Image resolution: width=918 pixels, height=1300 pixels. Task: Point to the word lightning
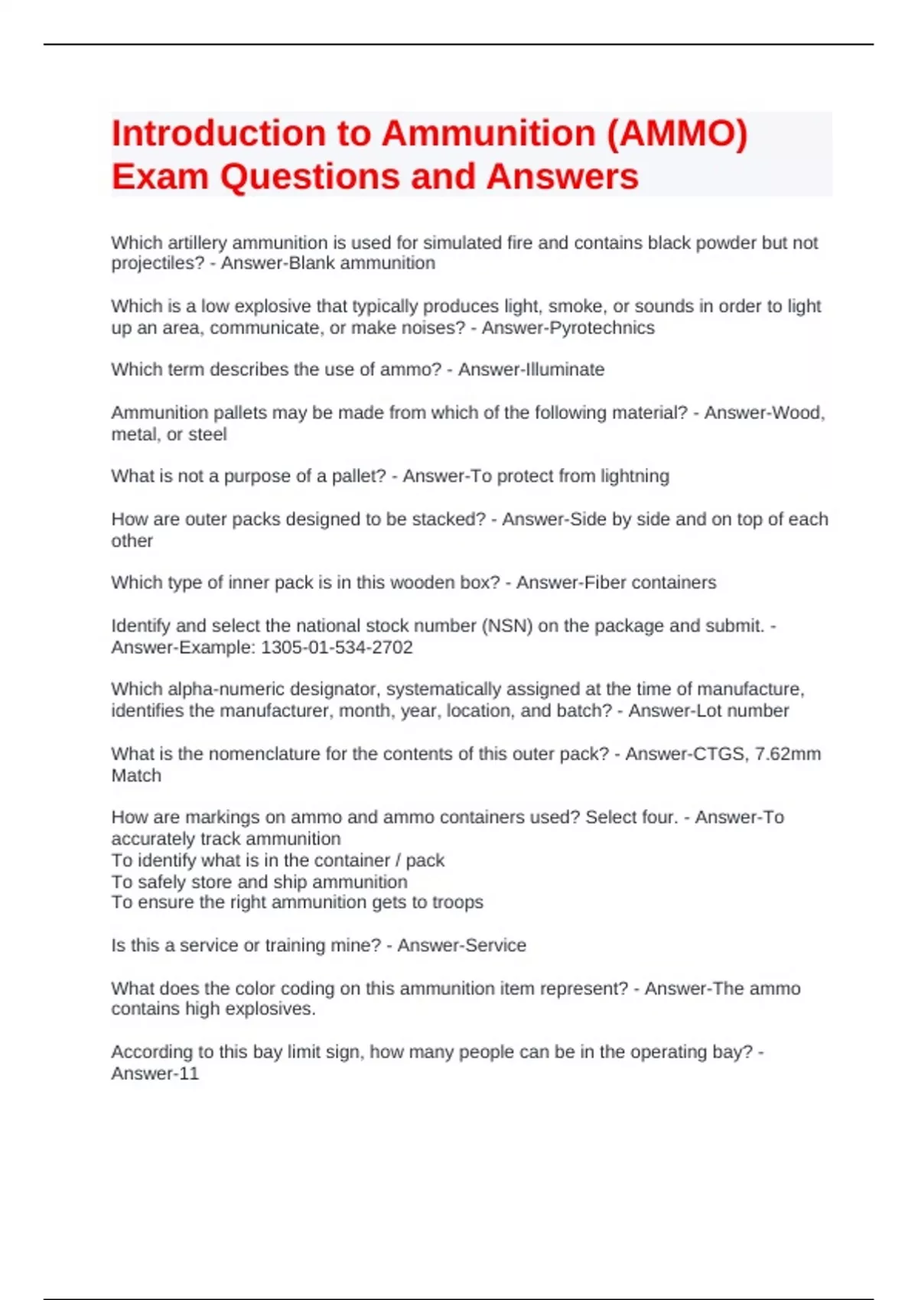634,476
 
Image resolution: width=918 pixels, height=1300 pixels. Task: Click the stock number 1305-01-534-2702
337,648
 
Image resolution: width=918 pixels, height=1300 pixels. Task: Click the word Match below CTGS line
136,775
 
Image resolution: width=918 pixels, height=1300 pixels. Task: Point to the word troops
457,902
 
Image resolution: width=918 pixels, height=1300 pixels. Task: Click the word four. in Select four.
656,817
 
